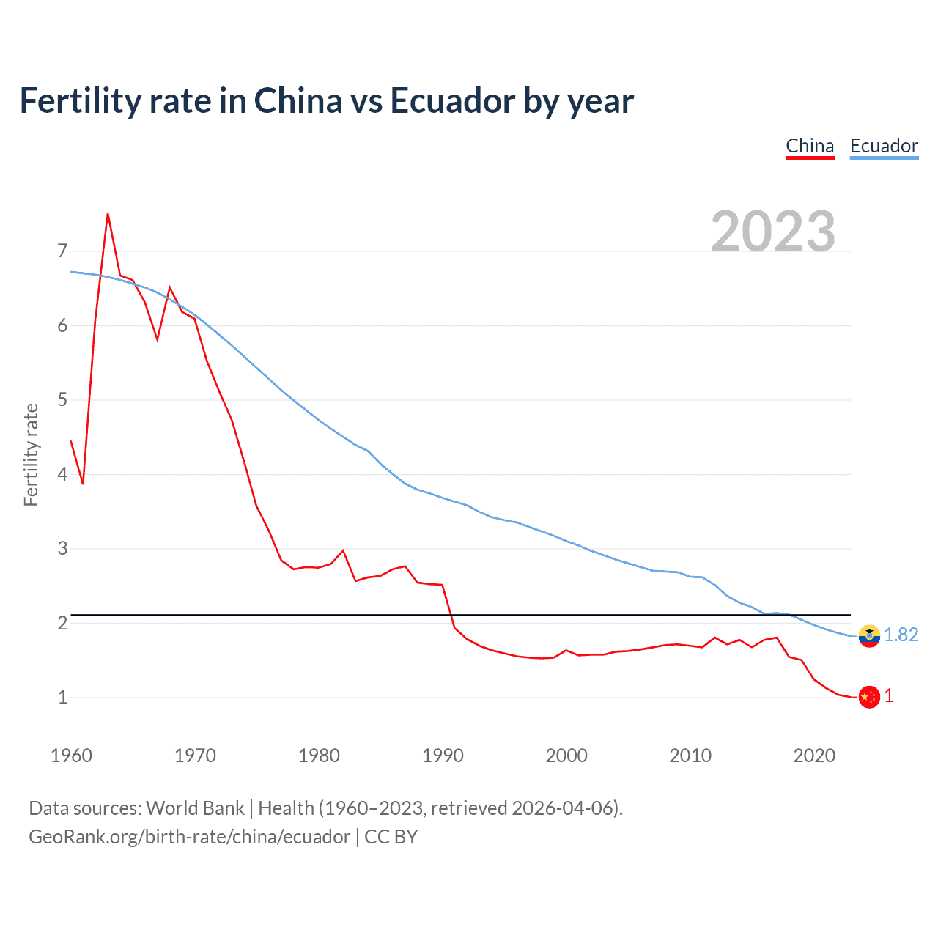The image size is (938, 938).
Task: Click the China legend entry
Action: pyautogui.click(x=810, y=146)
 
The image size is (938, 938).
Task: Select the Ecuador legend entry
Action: pyautogui.click(x=884, y=146)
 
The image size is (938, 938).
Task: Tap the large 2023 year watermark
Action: pyautogui.click(x=773, y=232)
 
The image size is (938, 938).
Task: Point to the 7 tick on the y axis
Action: pyautogui.click(x=62, y=251)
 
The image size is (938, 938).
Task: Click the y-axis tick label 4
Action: pyautogui.click(x=62, y=474)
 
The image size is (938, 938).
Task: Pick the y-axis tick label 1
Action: pyautogui.click(x=62, y=697)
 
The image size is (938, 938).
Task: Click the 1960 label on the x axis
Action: pyautogui.click(x=71, y=756)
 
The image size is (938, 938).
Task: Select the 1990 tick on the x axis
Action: pyautogui.click(x=443, y=756)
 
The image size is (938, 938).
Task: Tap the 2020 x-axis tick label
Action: pyautogui.click(x=814, y=756)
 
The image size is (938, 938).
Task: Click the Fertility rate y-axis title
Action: pyautogui.click(x=31, y=454)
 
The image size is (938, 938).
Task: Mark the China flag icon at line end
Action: pyautogui.click(x=869, y=697)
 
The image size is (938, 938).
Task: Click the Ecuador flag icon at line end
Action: pyautogui.click(x=869, y=635)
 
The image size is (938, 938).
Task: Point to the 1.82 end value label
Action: pyautogui.click(x=901, y=635)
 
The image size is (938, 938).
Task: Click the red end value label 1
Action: pyautogui.click(x=889, y=696)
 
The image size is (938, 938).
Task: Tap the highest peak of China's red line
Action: pyautogui.click(x=108, y=214)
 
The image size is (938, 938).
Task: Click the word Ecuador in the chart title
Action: pyautogui.click(x=452, y=100)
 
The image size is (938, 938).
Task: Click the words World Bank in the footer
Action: pyautogui.click(x=195, y=808)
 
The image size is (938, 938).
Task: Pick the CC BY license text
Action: pyautogui.click(x=391, y=837)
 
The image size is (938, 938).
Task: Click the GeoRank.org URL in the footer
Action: pyautogui.click(x=189, y=837)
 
